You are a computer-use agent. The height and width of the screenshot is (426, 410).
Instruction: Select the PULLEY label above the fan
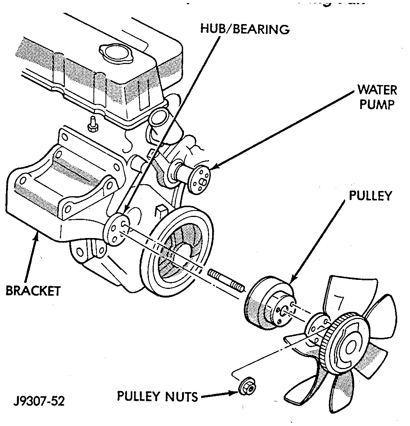coord(370,196)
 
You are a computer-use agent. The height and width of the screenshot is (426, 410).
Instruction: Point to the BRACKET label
coord(33,290)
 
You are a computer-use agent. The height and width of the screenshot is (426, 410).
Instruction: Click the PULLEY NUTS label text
coord(157,396)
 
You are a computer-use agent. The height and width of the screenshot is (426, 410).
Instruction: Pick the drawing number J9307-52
coord(39,400)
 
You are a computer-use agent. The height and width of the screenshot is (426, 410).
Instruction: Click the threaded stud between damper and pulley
coord(226,280)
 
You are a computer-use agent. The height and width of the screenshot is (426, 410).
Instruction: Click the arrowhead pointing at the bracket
coord(36,237)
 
